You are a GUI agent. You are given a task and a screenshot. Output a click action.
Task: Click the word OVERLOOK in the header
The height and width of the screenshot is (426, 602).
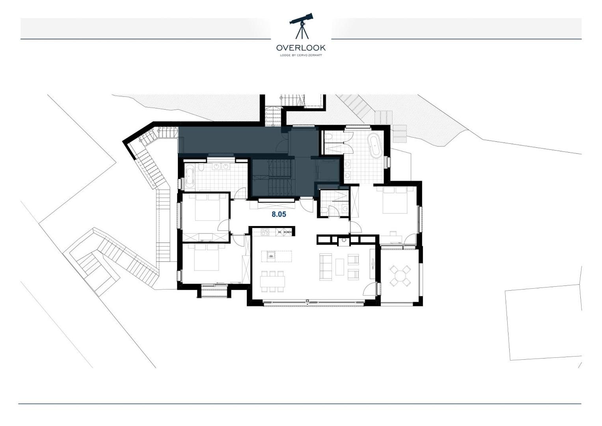[x=301, y=48]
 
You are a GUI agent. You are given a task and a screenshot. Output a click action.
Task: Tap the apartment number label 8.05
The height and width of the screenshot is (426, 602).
[x=279, y=215]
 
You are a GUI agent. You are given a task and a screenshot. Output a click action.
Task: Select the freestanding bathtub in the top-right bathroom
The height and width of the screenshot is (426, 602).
[x=375, y=146]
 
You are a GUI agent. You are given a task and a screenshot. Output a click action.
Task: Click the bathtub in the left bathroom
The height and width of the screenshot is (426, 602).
[x=190, y=176]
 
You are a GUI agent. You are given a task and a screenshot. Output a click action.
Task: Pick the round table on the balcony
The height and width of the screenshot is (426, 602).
[x=400, y=276]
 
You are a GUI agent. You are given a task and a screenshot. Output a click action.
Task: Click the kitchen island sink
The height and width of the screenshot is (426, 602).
[x=271, y=256]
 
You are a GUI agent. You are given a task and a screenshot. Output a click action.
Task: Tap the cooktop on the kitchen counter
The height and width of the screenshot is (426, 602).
[x=265, y=232]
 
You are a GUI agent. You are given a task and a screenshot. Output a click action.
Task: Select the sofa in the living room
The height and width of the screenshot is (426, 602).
[x=325, y=267]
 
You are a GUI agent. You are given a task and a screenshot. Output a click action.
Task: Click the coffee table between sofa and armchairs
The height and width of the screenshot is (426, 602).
[x=339, y=267]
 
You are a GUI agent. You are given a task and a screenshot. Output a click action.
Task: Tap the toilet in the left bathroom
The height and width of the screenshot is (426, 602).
[x=201, y=168]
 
